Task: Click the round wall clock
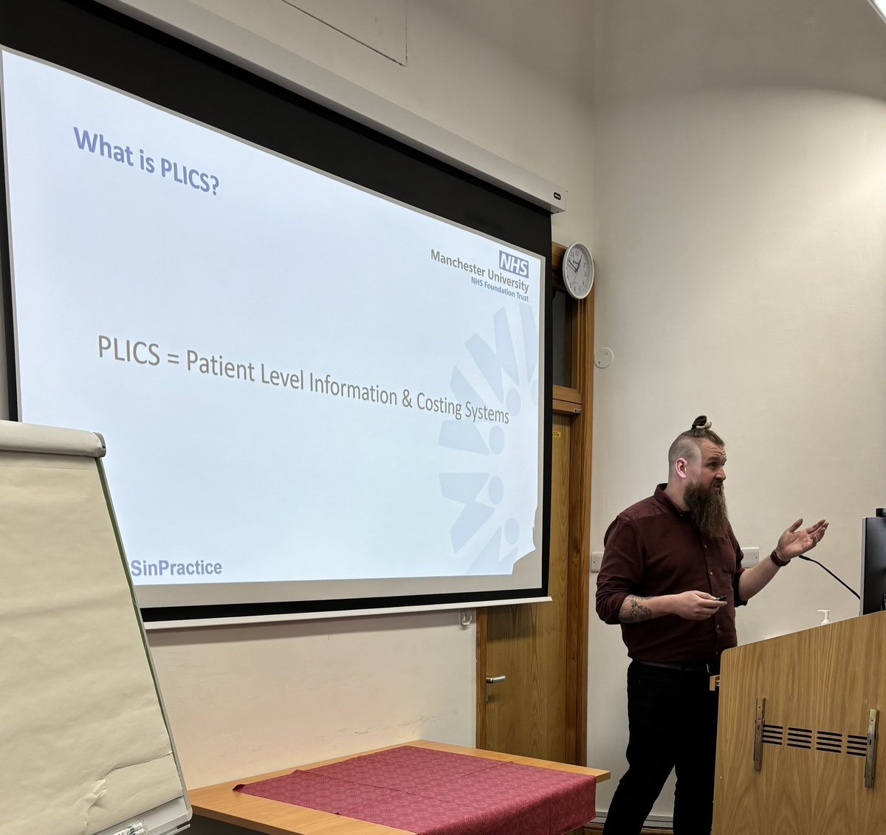pyautogui.click(x=578, y=270)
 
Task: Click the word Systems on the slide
pyautogui.click(x=487, y=411)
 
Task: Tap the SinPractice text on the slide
pyautogui.click(x=176, y=568)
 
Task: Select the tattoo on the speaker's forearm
pyautogui.click(x=636, y=610)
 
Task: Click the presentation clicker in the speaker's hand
pyautogui.click(x=718, y=599)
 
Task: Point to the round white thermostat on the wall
pyautogui.click(x=603, y=357)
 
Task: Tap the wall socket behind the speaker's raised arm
pyautogui.click(x=750, y=556)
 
